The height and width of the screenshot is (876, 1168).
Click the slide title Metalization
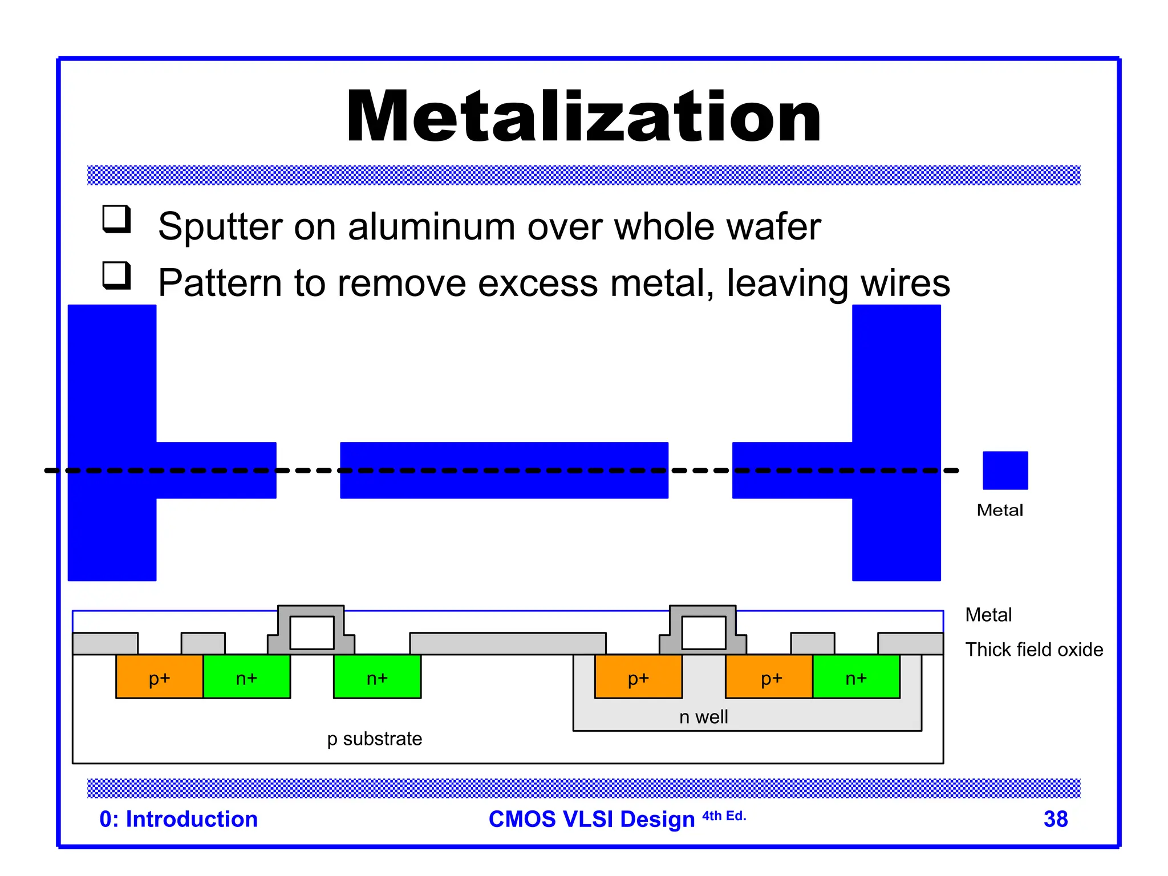coord(583,117)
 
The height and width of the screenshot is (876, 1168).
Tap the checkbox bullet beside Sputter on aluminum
coord(116,219)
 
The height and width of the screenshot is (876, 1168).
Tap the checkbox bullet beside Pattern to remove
coord(116,275)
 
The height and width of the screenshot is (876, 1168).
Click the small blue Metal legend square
coord(1005,471)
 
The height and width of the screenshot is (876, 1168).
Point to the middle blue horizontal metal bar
coord(504,471)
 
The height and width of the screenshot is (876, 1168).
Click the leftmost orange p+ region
coord(160,677)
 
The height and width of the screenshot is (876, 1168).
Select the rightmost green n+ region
coord(856,677)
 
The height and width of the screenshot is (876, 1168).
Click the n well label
coord(703,717)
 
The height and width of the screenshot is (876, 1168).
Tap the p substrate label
coord(375,739)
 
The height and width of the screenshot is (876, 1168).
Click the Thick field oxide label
coord(1033,650)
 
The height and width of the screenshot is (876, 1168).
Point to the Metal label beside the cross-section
coord(988,615)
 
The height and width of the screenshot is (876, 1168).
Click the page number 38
coord(1055,819)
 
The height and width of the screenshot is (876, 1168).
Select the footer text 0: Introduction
coord(179,819)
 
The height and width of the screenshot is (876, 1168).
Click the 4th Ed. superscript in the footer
coord(724,816)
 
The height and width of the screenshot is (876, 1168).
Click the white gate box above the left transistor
coord(312,632)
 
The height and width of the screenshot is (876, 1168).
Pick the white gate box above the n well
coord(704,632)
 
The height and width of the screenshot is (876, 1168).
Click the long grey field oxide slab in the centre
coord(508,643)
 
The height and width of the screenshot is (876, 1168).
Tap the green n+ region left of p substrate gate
coord(247,677)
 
